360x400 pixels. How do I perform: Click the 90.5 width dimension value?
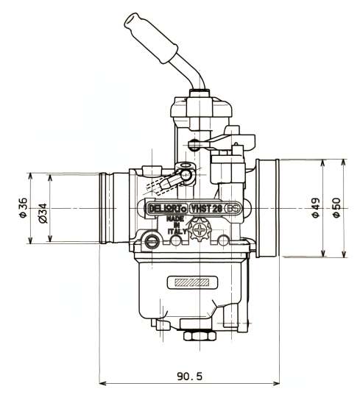pos(190,376)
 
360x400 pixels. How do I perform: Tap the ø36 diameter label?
pos(23,207)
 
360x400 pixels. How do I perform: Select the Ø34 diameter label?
pos(43,213)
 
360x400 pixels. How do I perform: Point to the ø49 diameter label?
pos(316,207)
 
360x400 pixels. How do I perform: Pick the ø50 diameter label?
pos(336,207)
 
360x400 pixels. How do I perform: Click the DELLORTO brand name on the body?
pos(167,209)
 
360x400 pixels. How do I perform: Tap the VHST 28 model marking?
pos(207,209)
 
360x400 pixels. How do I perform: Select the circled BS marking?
pos(233,209)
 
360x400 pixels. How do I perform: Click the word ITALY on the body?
pos(177,232)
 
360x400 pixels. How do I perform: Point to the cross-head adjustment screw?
pos(200,230)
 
